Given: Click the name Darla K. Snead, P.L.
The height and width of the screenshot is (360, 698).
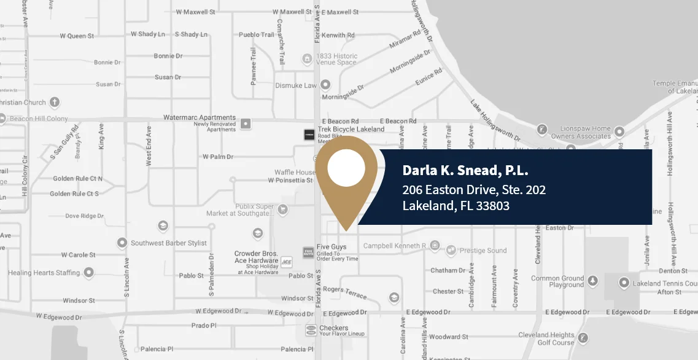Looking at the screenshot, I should pos(465,170).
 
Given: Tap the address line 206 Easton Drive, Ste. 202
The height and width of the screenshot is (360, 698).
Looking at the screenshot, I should pos(474,190).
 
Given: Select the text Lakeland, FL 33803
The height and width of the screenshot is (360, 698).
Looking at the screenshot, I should pos(456,206).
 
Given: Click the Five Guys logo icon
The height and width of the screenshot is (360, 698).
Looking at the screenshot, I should pos(308,252).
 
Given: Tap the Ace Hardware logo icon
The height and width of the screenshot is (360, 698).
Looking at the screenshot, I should pos(286,262).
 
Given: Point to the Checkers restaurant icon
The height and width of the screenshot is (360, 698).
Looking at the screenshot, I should pos(311,331).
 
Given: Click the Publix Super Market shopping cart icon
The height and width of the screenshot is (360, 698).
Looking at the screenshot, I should pos(282,209).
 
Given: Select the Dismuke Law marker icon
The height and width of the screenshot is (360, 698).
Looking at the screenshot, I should pos(326,85).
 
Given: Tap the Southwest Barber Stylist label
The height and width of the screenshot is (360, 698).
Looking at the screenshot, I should pos(169,243).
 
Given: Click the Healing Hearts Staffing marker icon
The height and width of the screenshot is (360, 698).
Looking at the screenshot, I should pos(89,272).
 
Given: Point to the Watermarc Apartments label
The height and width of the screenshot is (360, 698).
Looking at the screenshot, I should pos(200,117).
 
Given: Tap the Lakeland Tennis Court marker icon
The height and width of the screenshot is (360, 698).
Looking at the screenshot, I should pos(624,283).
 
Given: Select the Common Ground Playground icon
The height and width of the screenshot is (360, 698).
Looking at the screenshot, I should pos(592,281).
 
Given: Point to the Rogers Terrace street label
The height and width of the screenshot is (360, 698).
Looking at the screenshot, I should pos(345,292).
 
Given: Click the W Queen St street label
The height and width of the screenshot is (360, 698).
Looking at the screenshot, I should pos(77,36).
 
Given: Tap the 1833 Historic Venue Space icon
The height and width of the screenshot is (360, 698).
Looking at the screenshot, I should pos(307,59).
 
